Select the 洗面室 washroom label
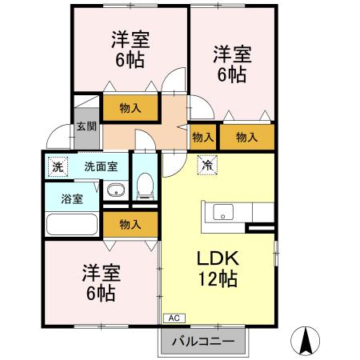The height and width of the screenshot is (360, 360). click(102, 167)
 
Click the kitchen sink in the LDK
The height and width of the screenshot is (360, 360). click(222, 213)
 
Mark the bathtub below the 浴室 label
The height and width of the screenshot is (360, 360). click(70, 224)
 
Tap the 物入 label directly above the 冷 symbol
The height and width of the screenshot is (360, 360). click(203, 138)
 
